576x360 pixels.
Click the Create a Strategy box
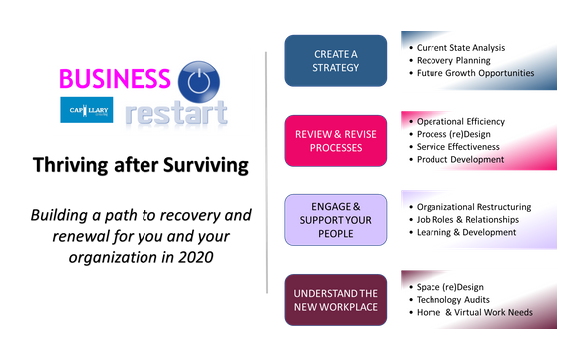(x=335, y=60)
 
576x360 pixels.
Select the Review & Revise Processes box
(x=335, y=140)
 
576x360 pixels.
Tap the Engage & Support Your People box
(x=335, y=219)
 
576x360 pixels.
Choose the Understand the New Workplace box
(x=335, y=300)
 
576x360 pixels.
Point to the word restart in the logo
(x=176, y=112)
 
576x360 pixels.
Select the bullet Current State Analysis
(x=460, y=47)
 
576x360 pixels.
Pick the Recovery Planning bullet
(x=452, y=60)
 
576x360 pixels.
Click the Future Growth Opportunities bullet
(x=474, y=73)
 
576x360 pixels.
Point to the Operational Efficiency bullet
(x=460, y=122)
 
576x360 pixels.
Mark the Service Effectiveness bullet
(x=457, y=147)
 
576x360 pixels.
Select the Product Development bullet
(x=459, y=160)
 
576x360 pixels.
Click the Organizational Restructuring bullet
(x=473, y=207)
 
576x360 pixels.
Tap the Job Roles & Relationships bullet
(x=465, y=220)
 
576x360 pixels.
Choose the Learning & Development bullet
(x=465, y=233)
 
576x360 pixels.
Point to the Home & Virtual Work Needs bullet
(x=473, y=312)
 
